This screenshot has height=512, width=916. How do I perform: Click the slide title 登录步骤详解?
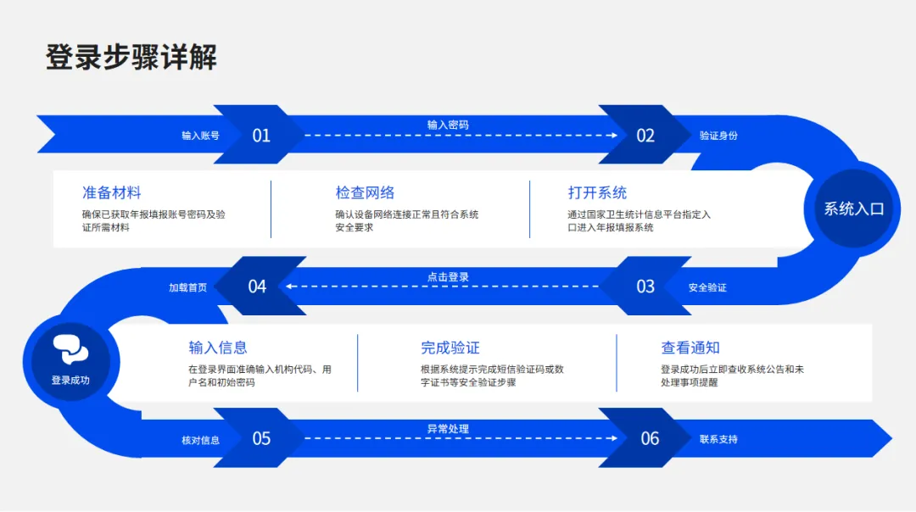coord(131,58)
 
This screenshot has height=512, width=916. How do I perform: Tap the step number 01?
coord(261,136)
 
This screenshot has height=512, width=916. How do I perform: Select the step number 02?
coord(645,136)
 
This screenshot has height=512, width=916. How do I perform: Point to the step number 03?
coord(645,287)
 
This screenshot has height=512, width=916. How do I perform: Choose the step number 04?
coord(257,287)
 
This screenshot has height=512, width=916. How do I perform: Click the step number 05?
coord(261,438)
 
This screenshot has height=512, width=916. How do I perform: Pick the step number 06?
coord(650,438)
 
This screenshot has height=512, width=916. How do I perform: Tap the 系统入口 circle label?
coord(853,209)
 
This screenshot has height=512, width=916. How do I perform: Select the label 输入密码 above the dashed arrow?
coord(448,125)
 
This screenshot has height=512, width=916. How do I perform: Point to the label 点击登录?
coord(448,277)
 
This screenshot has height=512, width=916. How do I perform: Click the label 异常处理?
coord(448,429)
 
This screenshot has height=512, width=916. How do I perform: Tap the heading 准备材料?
coord(111,192)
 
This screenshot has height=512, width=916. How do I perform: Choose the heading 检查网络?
coord(365,192)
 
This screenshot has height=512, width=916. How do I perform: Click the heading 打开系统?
coord(597,192)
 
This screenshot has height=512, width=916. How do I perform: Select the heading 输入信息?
coord(218,348)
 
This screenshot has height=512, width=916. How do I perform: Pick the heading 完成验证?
coord(450,348)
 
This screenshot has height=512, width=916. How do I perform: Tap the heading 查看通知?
coord(690,348)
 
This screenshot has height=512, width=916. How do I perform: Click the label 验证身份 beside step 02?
coord(718,136)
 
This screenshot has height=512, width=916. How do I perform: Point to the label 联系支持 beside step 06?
coord(718,439)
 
